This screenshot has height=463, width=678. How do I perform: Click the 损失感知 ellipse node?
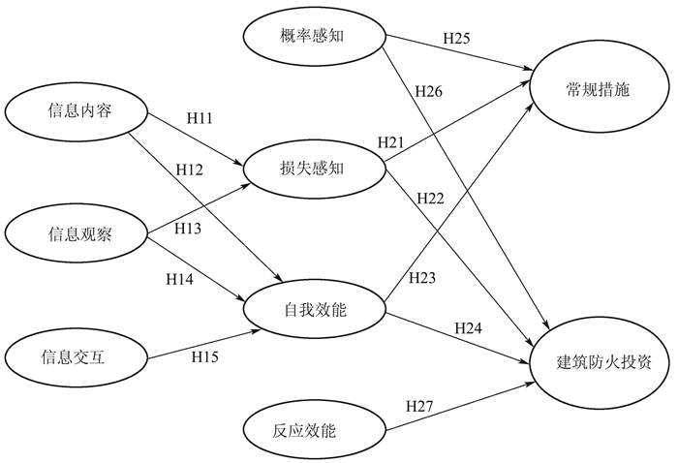coord(316,169)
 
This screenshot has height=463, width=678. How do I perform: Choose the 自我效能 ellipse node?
coord(316,310)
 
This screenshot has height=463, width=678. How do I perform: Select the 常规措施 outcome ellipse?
coord(599,90)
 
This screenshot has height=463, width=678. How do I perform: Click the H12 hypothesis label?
coord(189,170)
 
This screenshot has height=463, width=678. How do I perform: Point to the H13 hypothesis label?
coord(189,229)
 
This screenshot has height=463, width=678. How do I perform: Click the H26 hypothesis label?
coord(429,92)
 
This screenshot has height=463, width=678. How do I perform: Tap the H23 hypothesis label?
coord(422,278)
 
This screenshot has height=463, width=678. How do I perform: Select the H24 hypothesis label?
coord(470,326)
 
